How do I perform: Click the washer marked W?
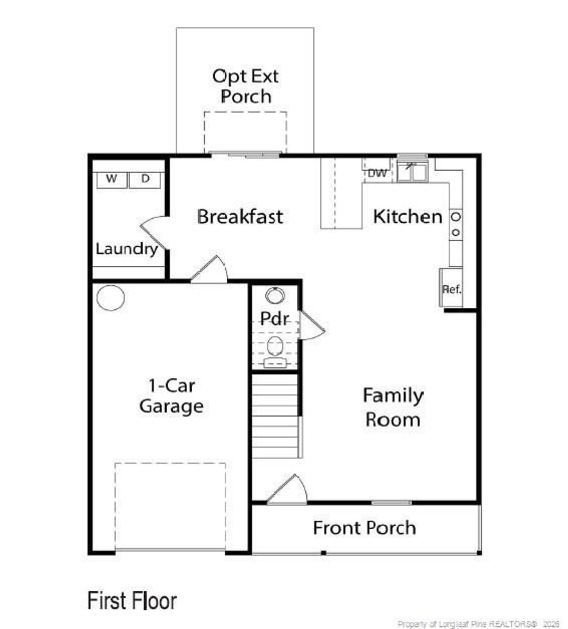tap(112, 180)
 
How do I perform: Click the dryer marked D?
tap(145, 180)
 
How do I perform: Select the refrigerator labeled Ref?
tap(451, 287)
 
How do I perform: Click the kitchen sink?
tap(412, 171)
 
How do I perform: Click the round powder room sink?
tap(275, 295)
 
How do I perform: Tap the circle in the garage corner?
tap(110, 298)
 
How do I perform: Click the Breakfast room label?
tap(240, 216)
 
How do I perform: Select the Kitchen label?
tap(408, 216)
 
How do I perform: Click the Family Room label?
tap(393, 407)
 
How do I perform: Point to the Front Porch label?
tap(365, 528)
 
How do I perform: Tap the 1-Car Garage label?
tap(172, 396)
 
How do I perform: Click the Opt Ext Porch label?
tap(245, 86)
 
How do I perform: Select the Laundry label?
tap(127, 249)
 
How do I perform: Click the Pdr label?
tap(275, 318)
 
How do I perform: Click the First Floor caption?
tap(132, 601)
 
